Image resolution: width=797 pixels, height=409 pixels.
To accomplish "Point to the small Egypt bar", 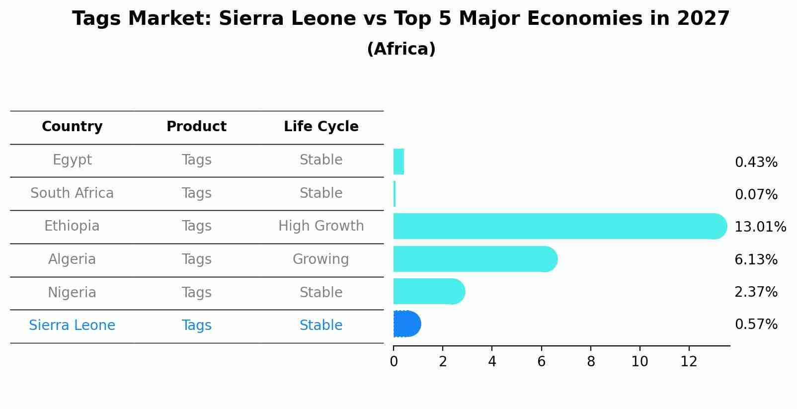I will tap(398, 162).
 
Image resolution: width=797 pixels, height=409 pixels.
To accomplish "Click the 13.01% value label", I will tap(760, 227).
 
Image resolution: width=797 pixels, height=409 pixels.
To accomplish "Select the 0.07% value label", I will tap(756, 195).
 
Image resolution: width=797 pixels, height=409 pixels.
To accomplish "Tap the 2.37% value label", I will tap(756, 292).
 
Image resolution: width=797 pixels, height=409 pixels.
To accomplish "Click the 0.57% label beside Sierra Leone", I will tap(756, 325).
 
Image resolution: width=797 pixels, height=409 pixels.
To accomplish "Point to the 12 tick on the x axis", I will tap(689, 362).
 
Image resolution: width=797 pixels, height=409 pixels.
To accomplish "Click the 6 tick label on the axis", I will tap(541, 362).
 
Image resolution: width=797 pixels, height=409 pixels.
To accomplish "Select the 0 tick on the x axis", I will tap(394, 362).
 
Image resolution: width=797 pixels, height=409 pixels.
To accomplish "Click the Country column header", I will tap(72, 127).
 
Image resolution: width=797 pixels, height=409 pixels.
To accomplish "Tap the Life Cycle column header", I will tap(321, 127).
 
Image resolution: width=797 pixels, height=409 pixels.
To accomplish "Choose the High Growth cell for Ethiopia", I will tap(321, 226).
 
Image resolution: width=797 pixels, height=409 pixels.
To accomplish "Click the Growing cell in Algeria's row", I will tap(320, 259).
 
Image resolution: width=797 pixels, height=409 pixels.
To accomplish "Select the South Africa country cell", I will tap(72, 193).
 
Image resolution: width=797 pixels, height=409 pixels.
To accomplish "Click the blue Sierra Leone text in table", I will tap(72, 326).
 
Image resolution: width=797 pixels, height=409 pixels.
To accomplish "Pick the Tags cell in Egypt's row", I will tap(196, 160).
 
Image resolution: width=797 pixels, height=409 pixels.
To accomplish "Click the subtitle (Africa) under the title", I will tap(401, 49).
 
